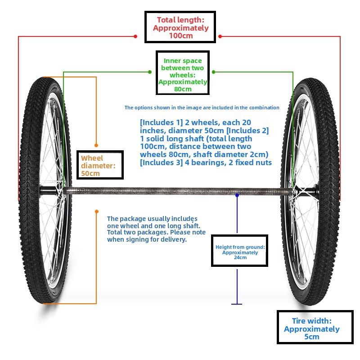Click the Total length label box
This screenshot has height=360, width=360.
pyautogui.click(x=180, y=27)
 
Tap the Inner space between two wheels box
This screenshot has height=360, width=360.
pyautogui.click(x=183, y=72)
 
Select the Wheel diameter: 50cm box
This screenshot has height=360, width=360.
pyautogui.click(x=100, y=165)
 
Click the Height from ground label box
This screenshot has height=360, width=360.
pyautogui.click(x=239, y=251)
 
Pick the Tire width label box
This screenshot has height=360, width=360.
pyautogui.click(x=315, y=327)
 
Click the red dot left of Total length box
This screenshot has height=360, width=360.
pyautogui.click(x=135, y=36)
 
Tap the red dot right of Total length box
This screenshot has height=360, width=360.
pyautogui.click(x=220, y=36)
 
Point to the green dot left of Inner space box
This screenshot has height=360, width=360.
pyautogui.click(x=150, y=72)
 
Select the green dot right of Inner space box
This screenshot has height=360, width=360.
pyautogui.click(x=213, y=72)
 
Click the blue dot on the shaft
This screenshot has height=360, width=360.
pyautogui.click(x=237, y=195)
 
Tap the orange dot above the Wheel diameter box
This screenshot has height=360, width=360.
pyautogui.click(x=96, y=145)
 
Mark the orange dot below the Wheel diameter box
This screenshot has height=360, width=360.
pyautogui.click(x=97, y=211)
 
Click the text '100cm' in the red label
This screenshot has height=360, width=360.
pyautogui.click(x=181, y=36)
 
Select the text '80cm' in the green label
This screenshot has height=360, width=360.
pyautogui.click(x=183, y=89)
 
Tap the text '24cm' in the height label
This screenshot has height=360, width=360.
pyautogui.click(x=240, y=257)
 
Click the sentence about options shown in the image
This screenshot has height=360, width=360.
pyautogui.click(x=202, y=108)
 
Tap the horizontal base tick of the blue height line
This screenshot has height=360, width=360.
pyautogui.click(x=237, y=304)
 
